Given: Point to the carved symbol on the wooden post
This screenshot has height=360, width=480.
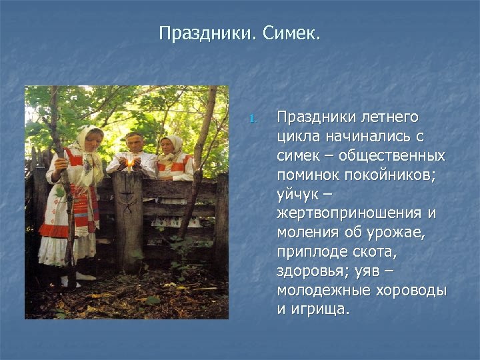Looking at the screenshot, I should point(127,199).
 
